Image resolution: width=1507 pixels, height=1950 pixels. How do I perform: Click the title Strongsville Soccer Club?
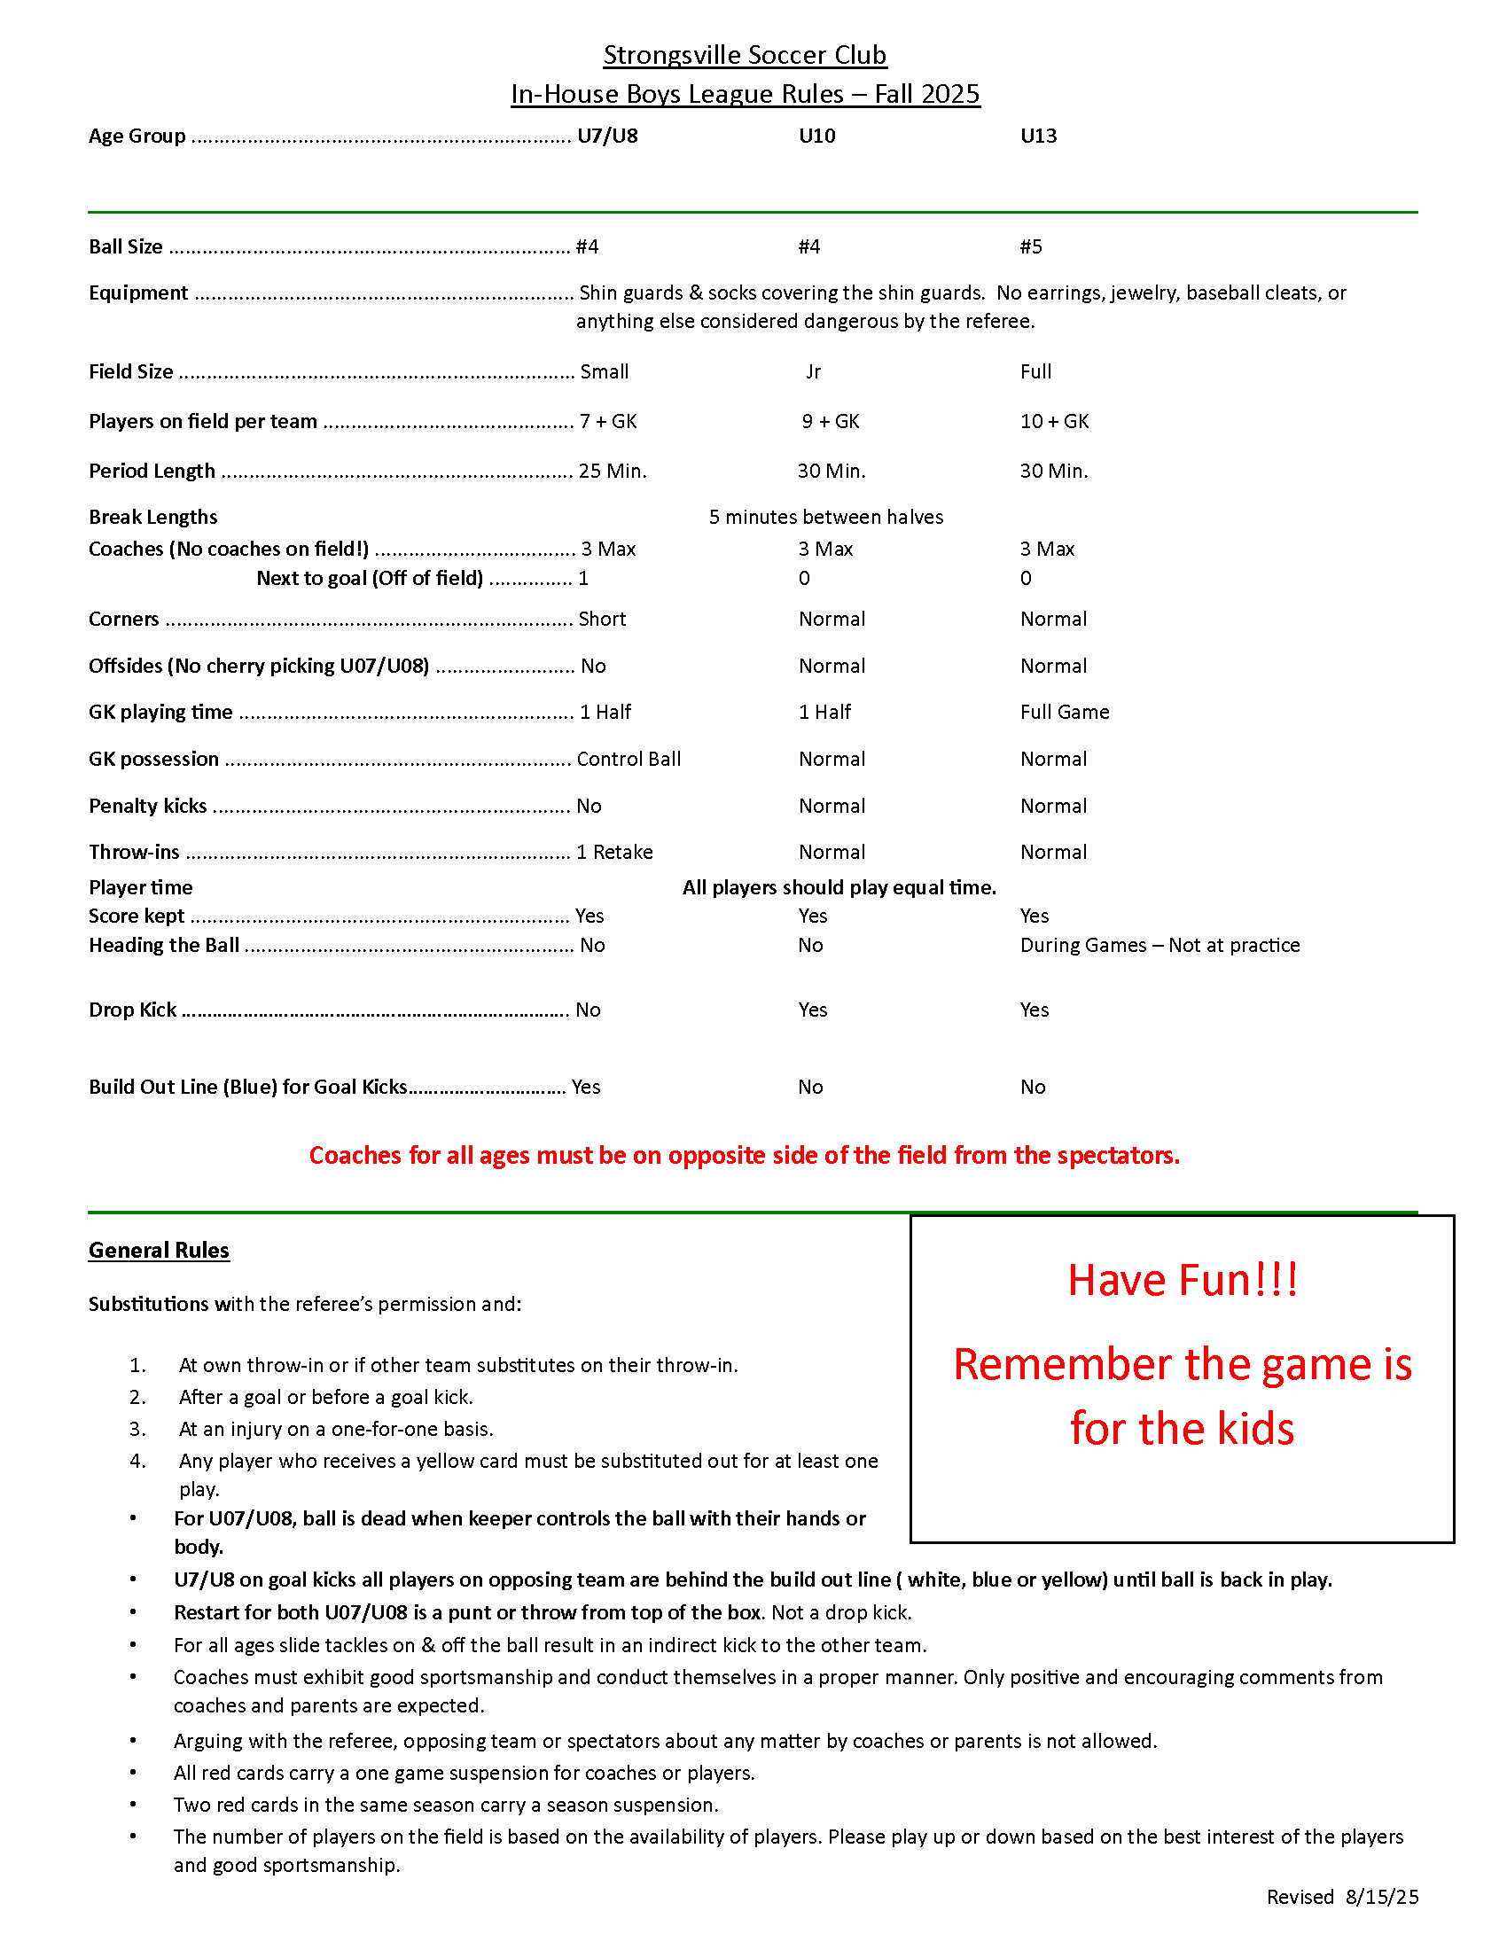point(745,55)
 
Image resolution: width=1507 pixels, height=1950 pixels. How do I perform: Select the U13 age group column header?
point(1038,136)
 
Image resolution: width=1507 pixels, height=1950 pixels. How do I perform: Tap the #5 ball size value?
point(1031,246)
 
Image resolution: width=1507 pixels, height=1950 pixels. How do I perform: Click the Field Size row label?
point(131,371)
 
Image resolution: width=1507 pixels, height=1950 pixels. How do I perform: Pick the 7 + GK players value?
point(608,421)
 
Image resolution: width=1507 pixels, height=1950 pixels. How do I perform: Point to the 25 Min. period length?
point(613,471)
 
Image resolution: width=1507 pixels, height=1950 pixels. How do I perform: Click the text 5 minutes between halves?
point(826,517)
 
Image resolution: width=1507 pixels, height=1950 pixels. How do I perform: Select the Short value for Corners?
point(602,619)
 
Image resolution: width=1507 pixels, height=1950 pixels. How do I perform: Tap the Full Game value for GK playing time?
point(1064,712)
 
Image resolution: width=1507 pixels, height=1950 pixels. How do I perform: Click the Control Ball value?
point(629,759)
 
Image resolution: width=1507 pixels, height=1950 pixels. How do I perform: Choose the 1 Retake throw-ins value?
point(614,852)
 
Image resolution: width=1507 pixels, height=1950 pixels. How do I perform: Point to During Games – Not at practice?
point(1160,945)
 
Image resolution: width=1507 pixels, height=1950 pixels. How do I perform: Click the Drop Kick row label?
point(132,1010)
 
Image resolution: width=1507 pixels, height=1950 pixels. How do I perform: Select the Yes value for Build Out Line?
point(586,1087)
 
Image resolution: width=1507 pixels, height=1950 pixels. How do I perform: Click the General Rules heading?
point(159,1250)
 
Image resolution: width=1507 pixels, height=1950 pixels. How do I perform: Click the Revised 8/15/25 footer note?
point(1342,1897)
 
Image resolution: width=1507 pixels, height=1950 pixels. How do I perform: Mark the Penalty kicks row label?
point(147,806)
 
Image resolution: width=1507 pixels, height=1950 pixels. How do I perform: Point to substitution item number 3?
point(335,1429)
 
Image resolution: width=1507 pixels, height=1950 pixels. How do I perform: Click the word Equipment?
point(138,292)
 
